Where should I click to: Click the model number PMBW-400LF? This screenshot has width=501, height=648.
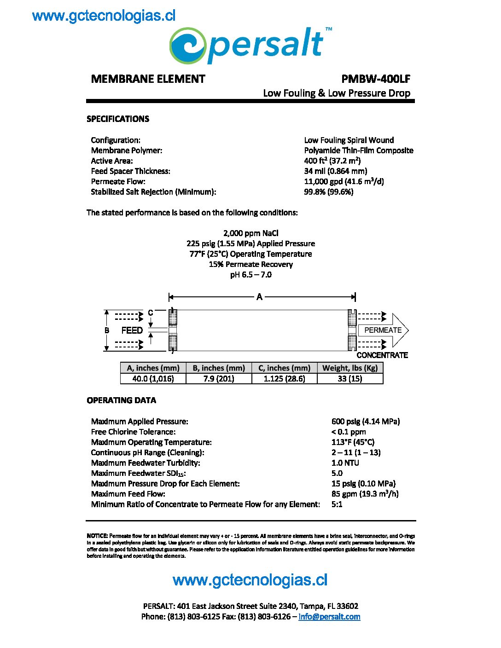[376, 79]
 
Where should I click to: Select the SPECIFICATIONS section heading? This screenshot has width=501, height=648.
[118, 119]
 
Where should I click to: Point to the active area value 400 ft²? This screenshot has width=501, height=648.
[332, 161]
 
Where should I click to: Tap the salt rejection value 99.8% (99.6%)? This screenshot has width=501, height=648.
[329, 192]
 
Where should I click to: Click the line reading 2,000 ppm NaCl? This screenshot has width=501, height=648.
[250, 233]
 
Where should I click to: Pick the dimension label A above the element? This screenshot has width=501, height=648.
[260, 297]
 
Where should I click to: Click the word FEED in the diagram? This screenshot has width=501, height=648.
[132, 330]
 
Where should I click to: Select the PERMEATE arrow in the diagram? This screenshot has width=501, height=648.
[383, 330]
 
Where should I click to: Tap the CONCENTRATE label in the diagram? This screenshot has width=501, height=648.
[382, 355]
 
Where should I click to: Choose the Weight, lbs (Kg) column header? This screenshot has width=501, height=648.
[350, 368]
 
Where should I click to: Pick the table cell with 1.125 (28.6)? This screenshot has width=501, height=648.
[285, 379]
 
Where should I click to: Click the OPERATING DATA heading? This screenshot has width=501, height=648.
[121, 400]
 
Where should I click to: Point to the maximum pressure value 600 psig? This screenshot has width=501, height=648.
[365, 422]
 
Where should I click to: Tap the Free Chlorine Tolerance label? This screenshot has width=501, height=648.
[133, 432]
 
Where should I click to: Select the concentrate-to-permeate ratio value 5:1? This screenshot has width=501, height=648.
[337, 504]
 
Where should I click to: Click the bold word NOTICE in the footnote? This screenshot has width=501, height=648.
[97, 536]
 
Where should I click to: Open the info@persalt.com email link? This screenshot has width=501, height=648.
[329, 617]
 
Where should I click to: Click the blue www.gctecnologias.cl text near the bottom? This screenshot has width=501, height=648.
[250, 580]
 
